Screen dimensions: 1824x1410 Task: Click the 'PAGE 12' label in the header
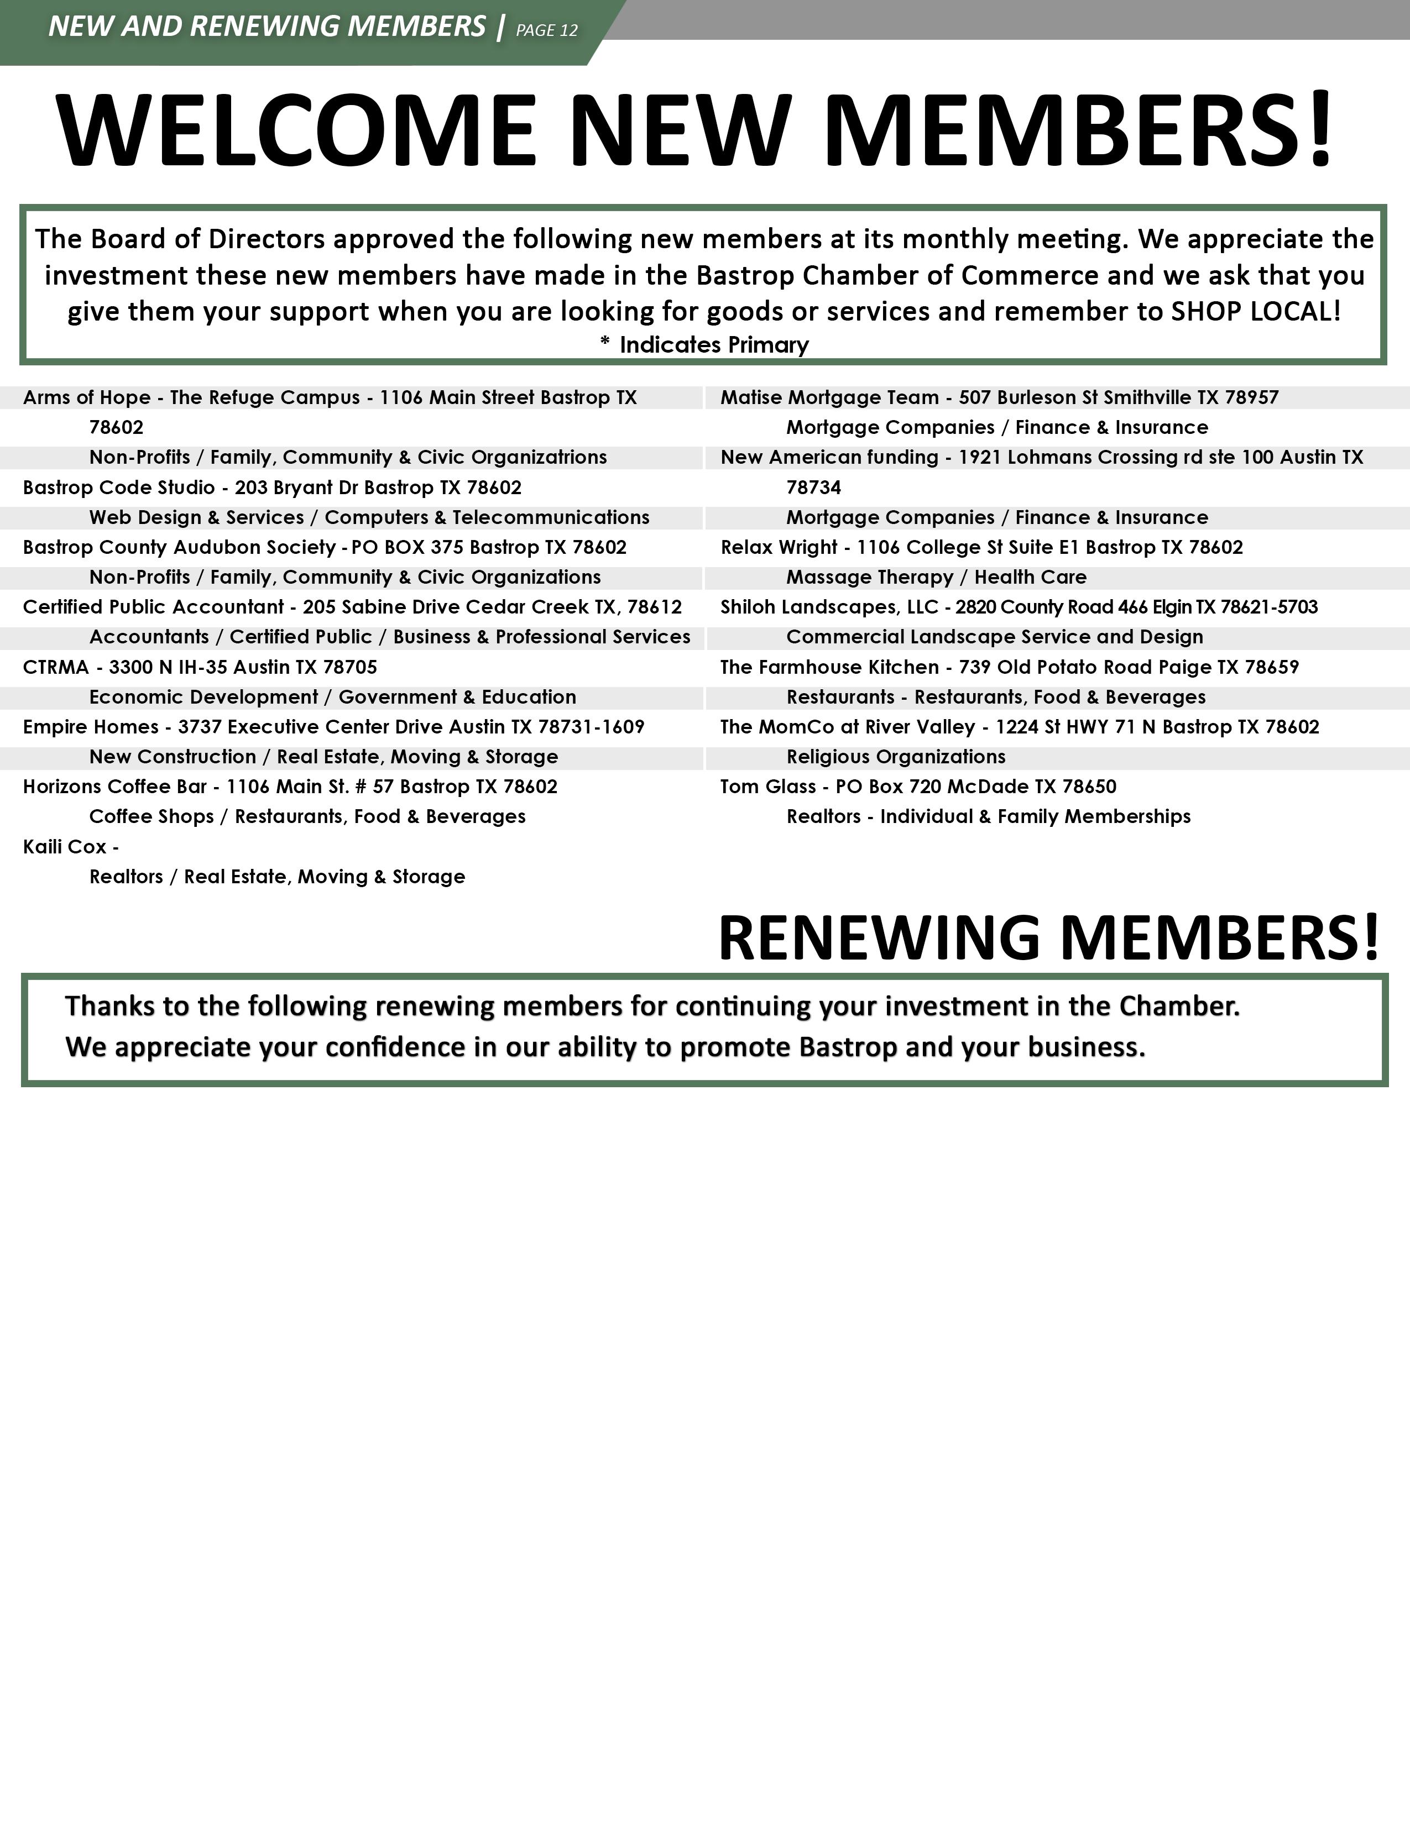pyautogui.click(x=546, y=30)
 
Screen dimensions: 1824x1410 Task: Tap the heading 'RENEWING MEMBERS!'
pyautogui.click(x=1048, y=938)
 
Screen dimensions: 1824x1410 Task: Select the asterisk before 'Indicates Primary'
pyautogui.click(x=605, y=343)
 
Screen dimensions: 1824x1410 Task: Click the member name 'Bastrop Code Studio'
pyautogui.click(x=119, y=488)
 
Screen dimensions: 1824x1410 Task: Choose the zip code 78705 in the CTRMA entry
pyautogui.click(x=350, y=667)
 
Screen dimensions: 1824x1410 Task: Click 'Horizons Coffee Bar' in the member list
pyautogui.click(x=114, y=787)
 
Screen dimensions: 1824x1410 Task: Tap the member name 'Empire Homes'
pyautogui.click(x=90, y=727)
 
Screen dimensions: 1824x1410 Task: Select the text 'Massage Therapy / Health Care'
pyautogui.click(x=936, y=577)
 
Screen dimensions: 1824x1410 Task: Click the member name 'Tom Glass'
pyautogui.click(x=767, y=787)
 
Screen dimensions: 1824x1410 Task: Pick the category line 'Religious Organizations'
pyautogui.click(x=895, y=757)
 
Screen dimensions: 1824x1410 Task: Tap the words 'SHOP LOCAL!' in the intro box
pyautogui.click(x=1256, y=312)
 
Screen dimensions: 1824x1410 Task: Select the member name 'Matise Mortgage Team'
pyautogui.click(x=829, y=397)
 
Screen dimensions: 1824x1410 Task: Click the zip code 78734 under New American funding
pyautogui.click(x=813, y=488)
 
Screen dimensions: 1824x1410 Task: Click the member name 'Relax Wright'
pyautogui.click(x=779, y=548)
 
